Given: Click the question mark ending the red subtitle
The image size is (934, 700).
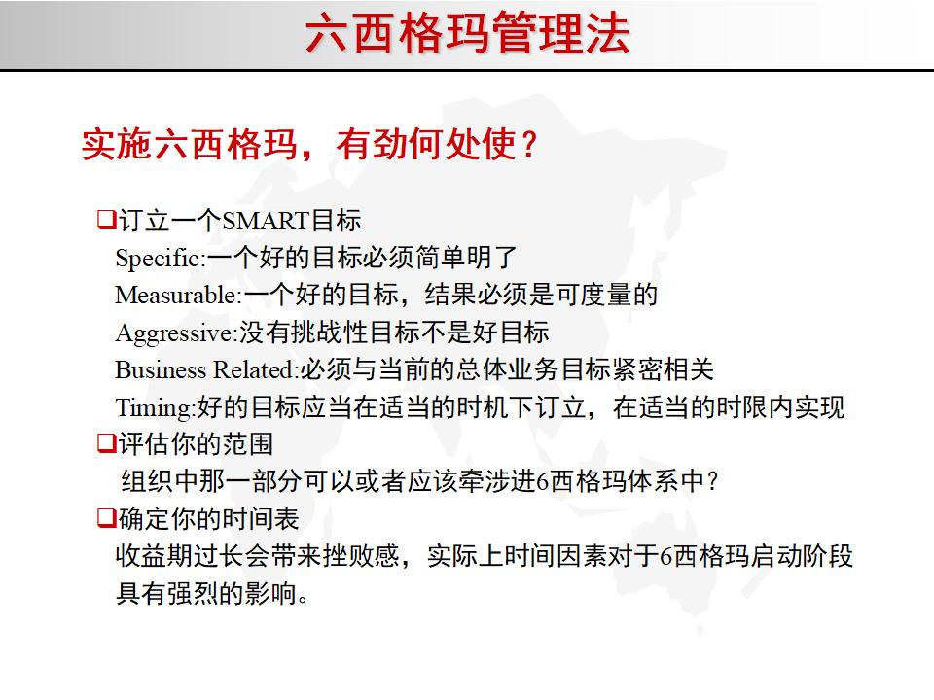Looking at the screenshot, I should coord(528,146).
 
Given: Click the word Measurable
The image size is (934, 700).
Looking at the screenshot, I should coord(176,296).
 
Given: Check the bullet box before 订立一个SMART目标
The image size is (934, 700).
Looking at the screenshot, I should coord(105,220).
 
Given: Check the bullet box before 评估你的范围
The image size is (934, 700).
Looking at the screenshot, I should coord(105,444).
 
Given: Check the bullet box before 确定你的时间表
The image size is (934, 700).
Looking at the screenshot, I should coord(105,518).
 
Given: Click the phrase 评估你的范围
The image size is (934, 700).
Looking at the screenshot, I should coord(195,444).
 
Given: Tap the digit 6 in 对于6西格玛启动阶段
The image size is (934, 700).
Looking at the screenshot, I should coord(665,557).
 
